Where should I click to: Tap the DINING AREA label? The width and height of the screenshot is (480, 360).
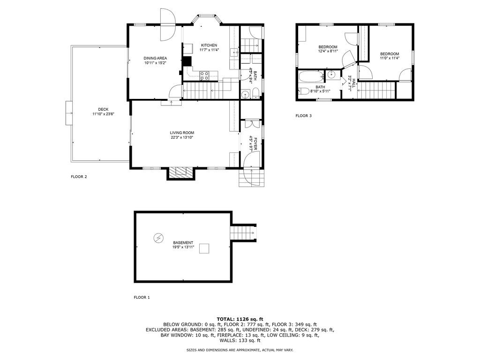[155, 58]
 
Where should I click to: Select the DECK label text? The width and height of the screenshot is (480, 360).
[103, 109]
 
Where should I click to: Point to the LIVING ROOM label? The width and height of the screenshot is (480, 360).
[182, 133]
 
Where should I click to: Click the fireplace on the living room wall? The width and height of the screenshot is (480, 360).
[181, 173]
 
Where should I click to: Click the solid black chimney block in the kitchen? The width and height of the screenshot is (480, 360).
[187, 61]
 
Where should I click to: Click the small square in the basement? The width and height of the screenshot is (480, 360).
[204, 248]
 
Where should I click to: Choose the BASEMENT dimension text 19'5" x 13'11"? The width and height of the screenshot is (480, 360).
[183, 247]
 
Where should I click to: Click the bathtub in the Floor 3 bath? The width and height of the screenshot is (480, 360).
[311, 77]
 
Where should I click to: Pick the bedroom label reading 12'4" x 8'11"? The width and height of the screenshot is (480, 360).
[328, 52]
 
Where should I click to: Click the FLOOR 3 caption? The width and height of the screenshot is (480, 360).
[303, 116]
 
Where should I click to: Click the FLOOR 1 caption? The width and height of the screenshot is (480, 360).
[142, 297]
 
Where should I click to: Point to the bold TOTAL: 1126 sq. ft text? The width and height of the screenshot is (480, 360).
[240, 319]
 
